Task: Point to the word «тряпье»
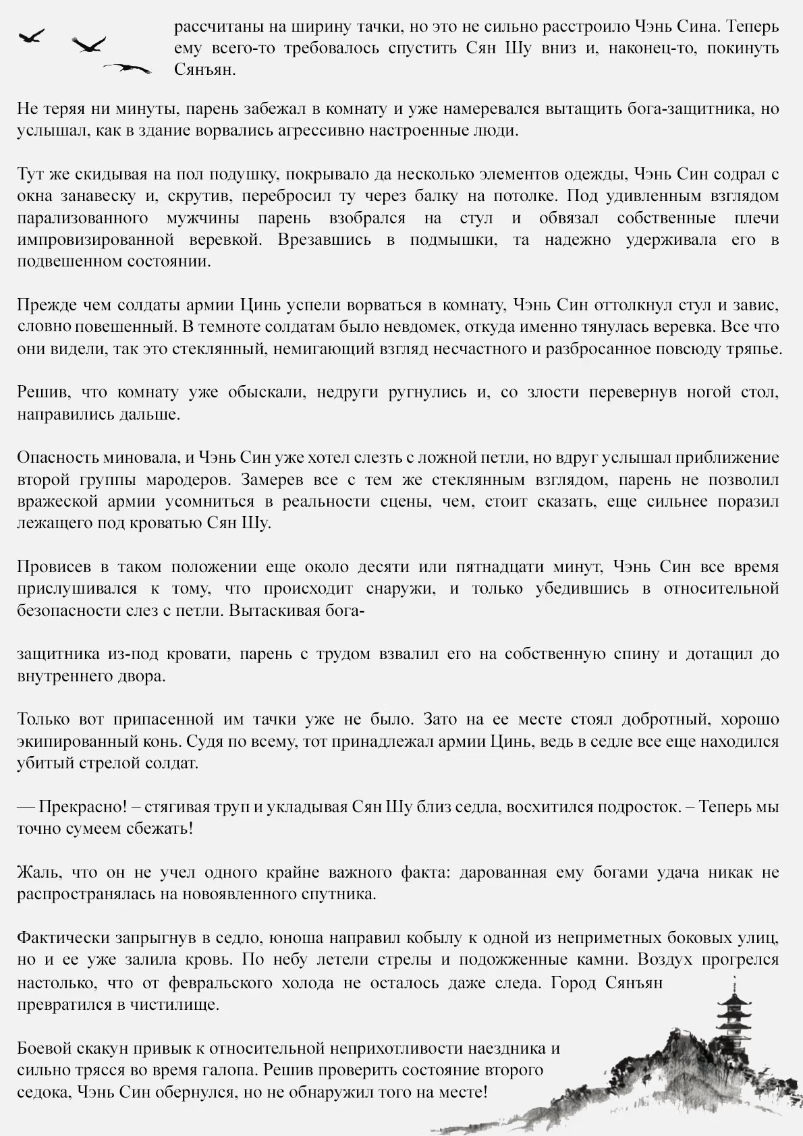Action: pyautogui.click(x=754, y=349)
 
